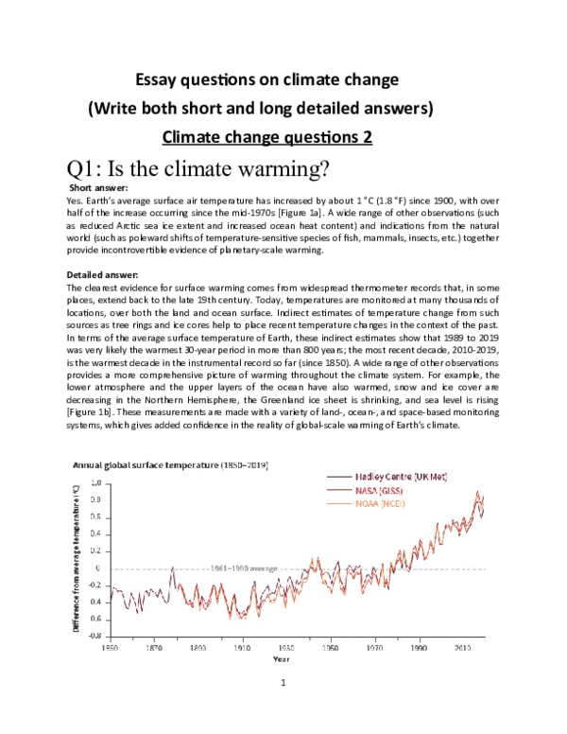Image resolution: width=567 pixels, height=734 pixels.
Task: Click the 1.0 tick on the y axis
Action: pos(94,482)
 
